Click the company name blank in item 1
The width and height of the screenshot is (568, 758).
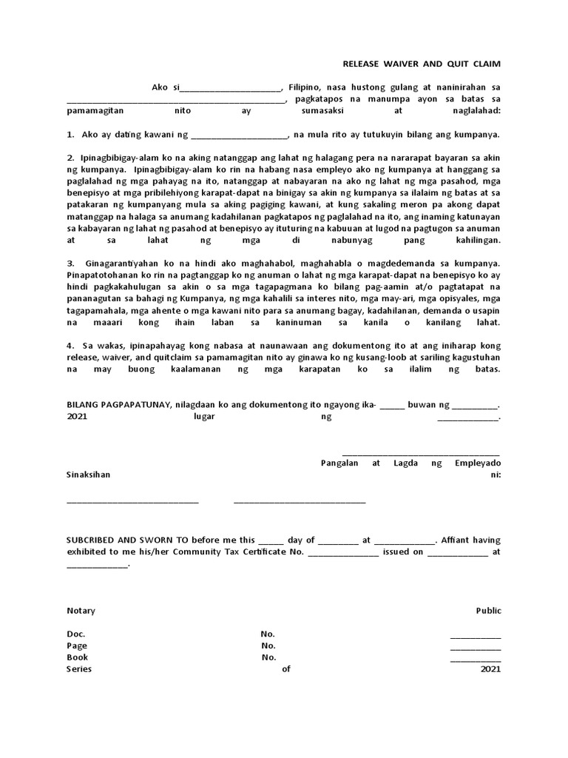[x=239, y=136]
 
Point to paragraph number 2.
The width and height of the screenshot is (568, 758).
[x=70, y=158]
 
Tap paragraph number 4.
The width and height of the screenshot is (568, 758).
[x=70, y=346]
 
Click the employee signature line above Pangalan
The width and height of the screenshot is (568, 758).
[x=421, y=453]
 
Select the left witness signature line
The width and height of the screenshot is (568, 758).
[x=133, y=503]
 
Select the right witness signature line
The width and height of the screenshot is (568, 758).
[x=300, y=503]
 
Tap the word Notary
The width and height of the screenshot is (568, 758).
[x=81, y=611]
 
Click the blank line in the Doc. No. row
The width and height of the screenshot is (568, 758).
[x=476, y=637]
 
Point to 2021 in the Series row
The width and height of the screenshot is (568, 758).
[x=490, y=669]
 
